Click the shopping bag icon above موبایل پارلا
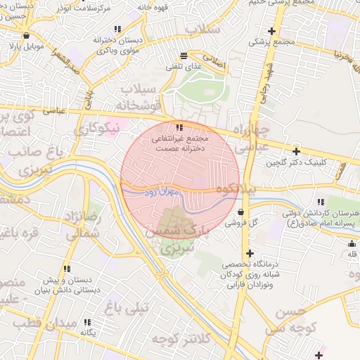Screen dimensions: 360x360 26,35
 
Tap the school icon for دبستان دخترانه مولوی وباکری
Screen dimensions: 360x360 117,30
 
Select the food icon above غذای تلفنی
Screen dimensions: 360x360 184,55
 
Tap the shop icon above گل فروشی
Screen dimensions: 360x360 241,211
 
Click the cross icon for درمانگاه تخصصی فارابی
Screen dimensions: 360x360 249,253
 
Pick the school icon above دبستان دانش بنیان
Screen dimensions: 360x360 67,269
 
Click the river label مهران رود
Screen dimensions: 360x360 163,191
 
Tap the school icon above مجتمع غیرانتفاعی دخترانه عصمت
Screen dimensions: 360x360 179,127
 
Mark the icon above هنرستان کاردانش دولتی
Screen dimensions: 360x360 321,202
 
